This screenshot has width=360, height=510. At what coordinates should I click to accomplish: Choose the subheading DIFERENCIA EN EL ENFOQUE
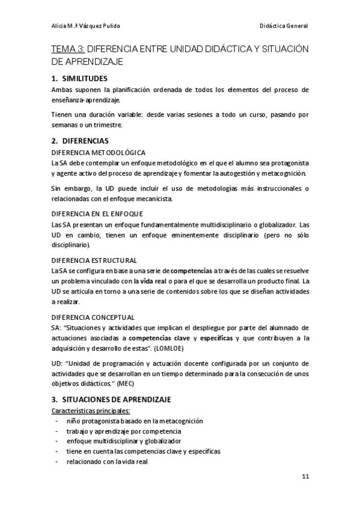(x=97, y=214)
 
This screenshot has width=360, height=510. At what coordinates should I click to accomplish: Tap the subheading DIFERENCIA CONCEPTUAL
(x=93, y=317)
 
